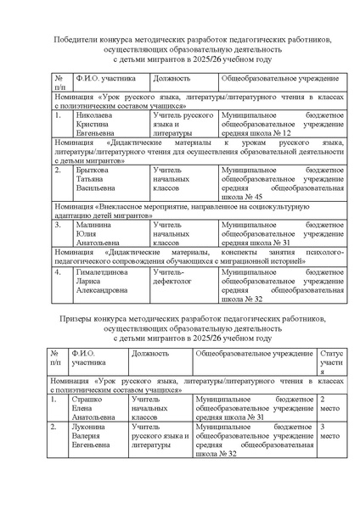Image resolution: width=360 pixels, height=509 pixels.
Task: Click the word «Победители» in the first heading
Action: [x=78, y=39]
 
